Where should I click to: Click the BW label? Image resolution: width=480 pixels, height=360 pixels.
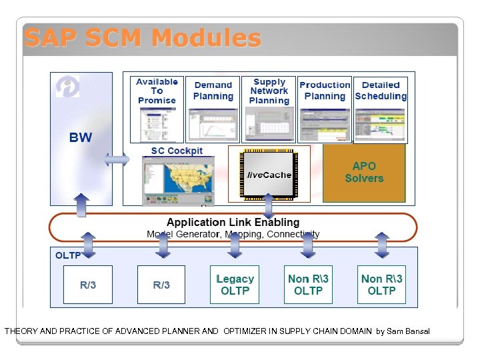click(x=81, y=138)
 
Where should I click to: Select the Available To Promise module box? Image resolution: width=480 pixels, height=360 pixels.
click(x=157, y=109)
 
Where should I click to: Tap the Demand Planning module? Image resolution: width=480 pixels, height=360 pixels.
click(x=213, y=109)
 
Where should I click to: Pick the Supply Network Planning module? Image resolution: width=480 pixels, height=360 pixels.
click(x=269, y=109)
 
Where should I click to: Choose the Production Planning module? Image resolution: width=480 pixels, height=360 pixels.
click(x=325, y=109)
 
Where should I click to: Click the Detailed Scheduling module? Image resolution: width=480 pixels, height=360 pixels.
click(x=381, y=109)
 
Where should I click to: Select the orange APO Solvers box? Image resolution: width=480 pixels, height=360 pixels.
click(x=364, y=173)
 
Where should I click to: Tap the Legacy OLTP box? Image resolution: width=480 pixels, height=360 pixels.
click(x=235, y=285)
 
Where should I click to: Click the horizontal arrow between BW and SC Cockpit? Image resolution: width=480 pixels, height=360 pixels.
click(x=117, y=160)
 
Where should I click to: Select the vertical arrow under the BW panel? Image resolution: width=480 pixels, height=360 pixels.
click(x=81, y=205)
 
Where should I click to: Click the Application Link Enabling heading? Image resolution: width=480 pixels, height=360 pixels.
click(x=233, y=222)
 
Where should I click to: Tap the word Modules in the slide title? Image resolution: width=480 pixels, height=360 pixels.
click(x=205, y=38)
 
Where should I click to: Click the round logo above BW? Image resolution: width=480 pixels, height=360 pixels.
click(x=67, y=86)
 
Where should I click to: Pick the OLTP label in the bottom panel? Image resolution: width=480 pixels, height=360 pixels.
click(x=68, y=255)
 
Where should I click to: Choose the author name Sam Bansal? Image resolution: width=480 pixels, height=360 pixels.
click(x=407, y=331)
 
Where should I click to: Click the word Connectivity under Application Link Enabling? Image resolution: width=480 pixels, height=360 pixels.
click(x=293, y=234)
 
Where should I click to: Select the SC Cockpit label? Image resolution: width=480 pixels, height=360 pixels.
click(x=177, y=151)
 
